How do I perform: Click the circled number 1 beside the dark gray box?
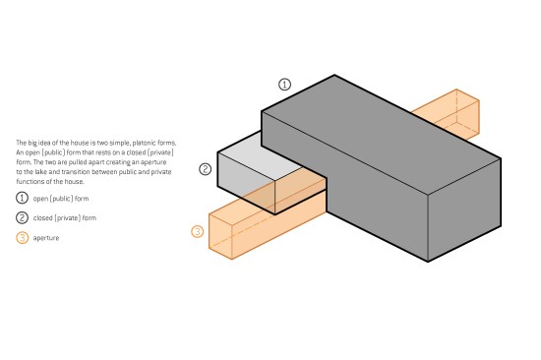click(x=284, y=85)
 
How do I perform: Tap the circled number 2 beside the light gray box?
click(x=206, y=169)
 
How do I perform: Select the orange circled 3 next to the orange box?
click(x=198, y=231)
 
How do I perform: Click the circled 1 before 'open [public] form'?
click(x=22, y=198)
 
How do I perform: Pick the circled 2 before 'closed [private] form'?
click(x=22, y=217)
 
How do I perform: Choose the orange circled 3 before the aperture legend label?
click(x=23, y=237)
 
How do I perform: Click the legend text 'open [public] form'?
click(x=61, y=199)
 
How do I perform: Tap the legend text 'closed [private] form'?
click(x=65, y=217)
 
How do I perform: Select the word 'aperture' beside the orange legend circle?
click(x=46, y=238)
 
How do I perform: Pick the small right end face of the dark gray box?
click(x=464, y=210)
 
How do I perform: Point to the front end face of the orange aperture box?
click(x=220, y=237)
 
